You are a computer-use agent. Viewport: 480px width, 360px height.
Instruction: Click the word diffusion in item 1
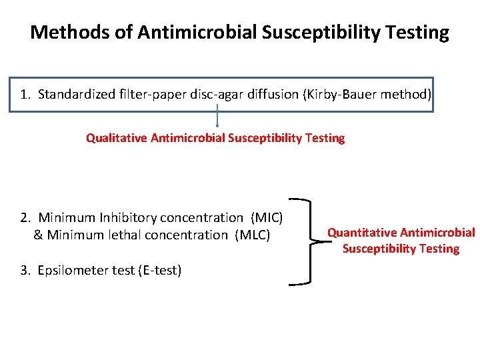[x=272, y=94]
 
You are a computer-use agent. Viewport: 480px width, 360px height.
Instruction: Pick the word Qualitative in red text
[x=117, y=138]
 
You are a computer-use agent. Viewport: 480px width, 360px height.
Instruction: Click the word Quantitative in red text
[x=361, y=233]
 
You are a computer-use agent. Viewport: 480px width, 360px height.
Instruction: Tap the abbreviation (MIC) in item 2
[x=267, y=217]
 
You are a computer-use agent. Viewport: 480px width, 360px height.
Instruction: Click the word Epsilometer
[x=71, y=270]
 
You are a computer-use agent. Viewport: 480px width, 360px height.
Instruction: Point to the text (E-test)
[x=159, y=270]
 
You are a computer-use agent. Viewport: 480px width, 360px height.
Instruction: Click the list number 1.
[x=25, y=94]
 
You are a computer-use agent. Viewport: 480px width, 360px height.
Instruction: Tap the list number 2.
[x=25, y=217]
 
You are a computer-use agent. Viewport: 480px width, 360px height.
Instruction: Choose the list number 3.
[x=25, y=270]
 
